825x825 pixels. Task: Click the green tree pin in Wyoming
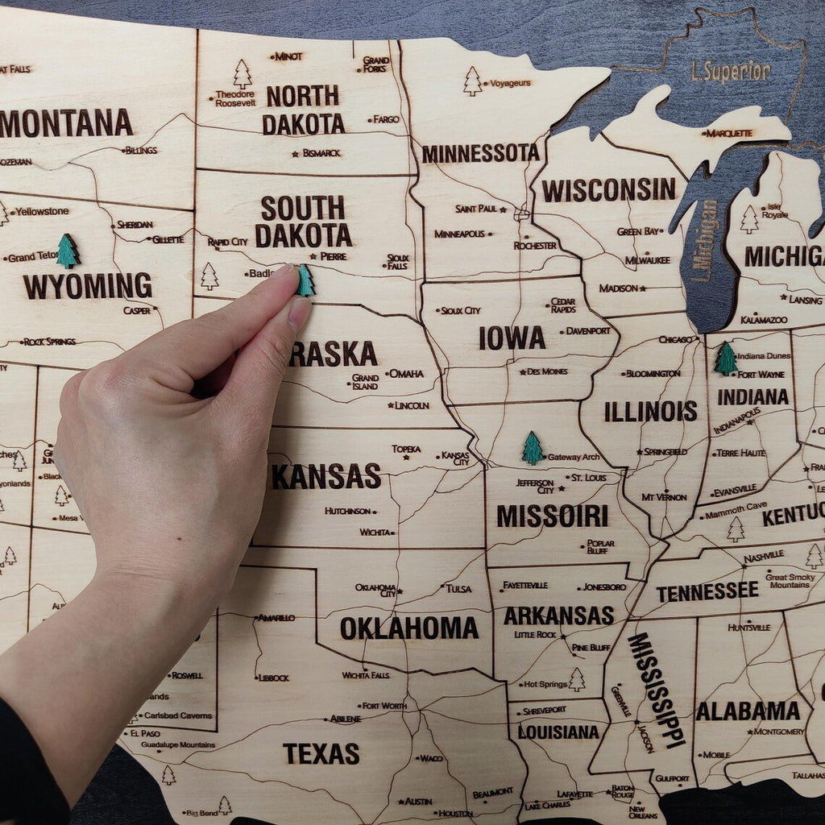68,251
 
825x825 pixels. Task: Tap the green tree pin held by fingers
305,281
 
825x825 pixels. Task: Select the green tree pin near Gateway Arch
532,449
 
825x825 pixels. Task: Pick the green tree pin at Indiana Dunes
725,359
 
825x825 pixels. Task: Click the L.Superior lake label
731,72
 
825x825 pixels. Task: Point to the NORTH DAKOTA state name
303,110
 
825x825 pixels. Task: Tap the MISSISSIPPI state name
656,690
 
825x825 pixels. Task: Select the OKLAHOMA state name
408,628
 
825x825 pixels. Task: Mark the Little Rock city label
535,635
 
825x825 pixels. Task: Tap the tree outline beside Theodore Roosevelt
242,74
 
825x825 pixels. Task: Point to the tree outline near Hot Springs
576,679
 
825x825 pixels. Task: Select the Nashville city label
763,556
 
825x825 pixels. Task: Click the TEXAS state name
321,754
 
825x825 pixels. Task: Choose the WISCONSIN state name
608,190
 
